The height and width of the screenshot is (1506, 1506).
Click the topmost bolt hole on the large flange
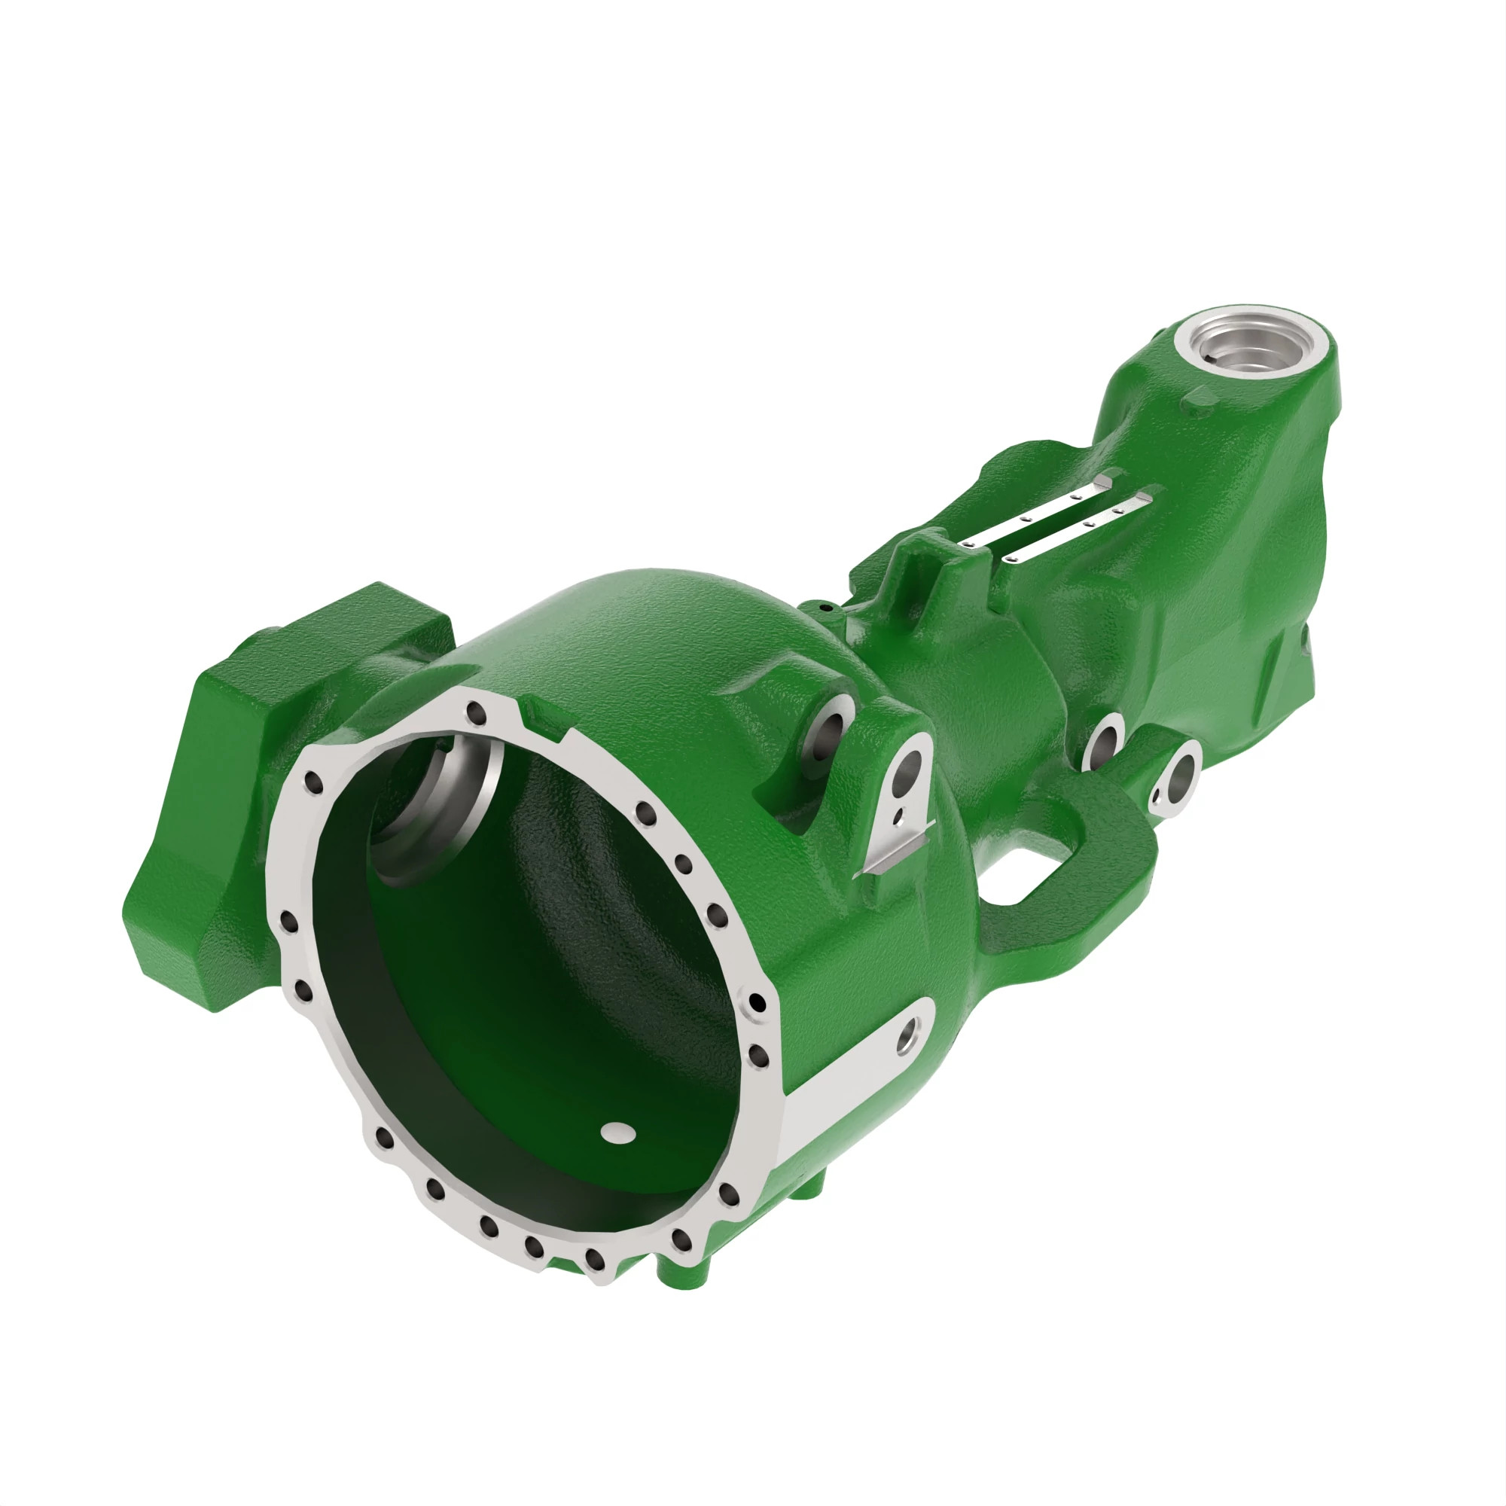473,712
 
